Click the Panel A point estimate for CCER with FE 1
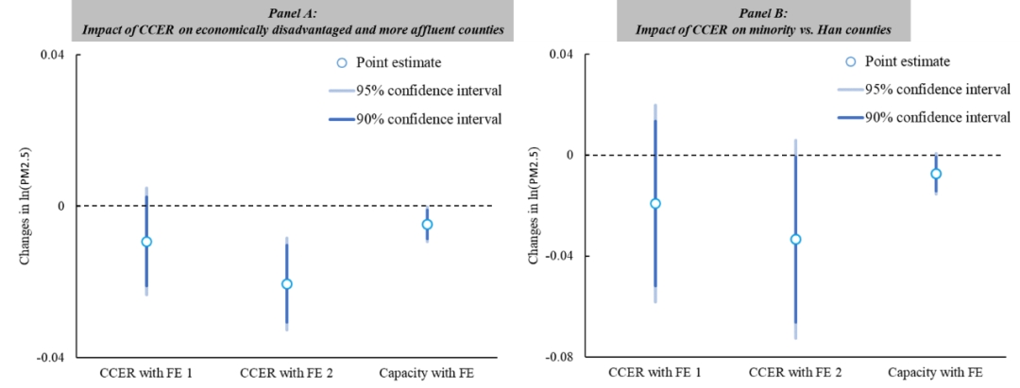(146, 242)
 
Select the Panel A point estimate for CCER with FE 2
(286, 284)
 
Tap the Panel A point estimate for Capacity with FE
(427, 225)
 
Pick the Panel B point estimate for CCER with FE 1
(655, 204)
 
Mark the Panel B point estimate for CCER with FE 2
(795, 239)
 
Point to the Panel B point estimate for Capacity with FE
(936, 174)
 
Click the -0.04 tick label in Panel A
(51, 358)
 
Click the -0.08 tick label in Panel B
(560, 358)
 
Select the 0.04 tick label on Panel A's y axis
(53, 55)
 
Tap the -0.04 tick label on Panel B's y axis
(560, 256)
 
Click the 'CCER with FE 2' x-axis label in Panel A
(286, 372)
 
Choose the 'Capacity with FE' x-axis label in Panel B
(935, 372)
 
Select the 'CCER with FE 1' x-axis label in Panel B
(655, 372)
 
